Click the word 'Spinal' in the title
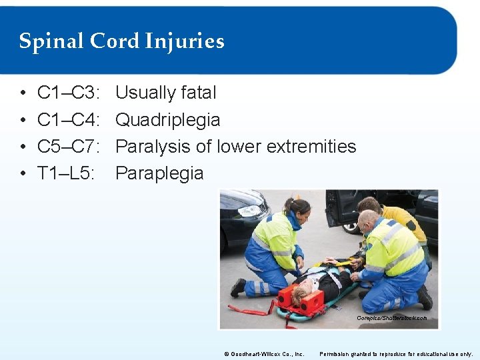tap(45, 42)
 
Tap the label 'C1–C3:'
tap(69, 93)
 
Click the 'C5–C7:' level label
tap(69, 146)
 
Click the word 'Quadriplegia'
tap(167, 119)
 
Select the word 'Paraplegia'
tap(159, 173)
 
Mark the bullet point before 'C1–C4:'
tap(23, 120)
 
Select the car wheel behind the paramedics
tap(352, 227)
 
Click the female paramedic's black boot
tap(238, 287)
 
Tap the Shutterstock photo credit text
tap(392, 318)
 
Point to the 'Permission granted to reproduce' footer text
tap(397, 353)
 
